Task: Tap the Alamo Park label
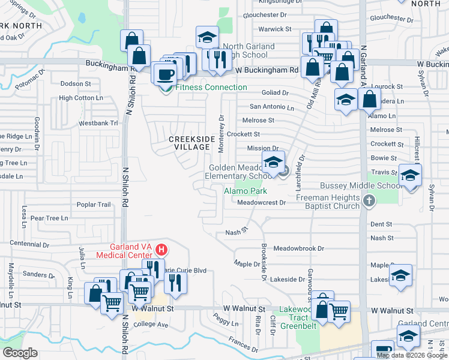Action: tap(245, 191)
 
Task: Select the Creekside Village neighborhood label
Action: tap(191, 143)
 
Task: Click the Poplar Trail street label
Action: tap(94, 205)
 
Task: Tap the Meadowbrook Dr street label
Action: tap(298, 248)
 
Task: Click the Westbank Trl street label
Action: tap(98, 123)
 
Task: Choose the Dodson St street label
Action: tap(76, 84)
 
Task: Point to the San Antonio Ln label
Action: tap(272, 107)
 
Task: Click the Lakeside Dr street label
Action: tap(288, 280)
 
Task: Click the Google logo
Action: tap(20, 353)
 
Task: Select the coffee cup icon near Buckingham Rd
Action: tap(165, 74)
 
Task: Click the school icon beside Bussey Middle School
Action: tap(410, 175)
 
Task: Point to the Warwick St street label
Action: tap(274, 29)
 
